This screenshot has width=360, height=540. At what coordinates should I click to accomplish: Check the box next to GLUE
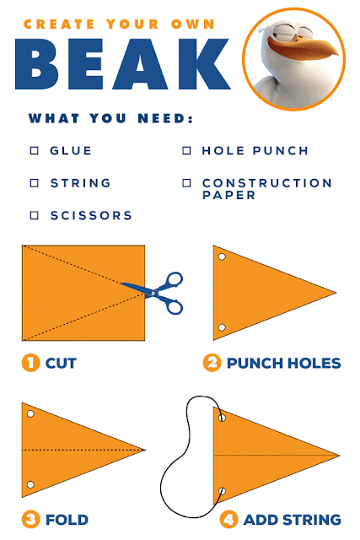point(35,151)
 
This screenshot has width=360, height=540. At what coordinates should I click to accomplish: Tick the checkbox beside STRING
point(35,183)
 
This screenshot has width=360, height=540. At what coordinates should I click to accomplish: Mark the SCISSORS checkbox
point(35,215)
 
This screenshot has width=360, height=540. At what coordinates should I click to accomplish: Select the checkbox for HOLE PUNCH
point(186,151)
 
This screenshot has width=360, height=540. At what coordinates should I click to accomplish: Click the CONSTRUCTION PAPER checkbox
point(186,183)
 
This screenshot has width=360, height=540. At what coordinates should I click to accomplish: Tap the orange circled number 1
point(30,363)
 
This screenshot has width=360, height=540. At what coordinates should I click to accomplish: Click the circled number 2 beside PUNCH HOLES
point(212,363)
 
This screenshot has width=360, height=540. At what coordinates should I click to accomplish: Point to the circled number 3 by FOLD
point(30,520)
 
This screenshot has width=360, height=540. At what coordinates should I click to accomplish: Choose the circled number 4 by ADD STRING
point(228,520)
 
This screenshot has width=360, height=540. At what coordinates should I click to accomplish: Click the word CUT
point(61,363)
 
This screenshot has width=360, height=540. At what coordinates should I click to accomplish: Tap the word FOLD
point(67,520)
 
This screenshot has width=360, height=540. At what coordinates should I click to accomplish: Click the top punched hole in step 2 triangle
point(222,256)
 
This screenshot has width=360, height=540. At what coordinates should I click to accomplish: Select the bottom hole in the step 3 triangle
point(30,484)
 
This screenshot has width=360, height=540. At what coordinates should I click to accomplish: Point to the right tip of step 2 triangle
point(336,293)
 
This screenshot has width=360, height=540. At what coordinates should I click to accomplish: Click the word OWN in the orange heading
point(193,24)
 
